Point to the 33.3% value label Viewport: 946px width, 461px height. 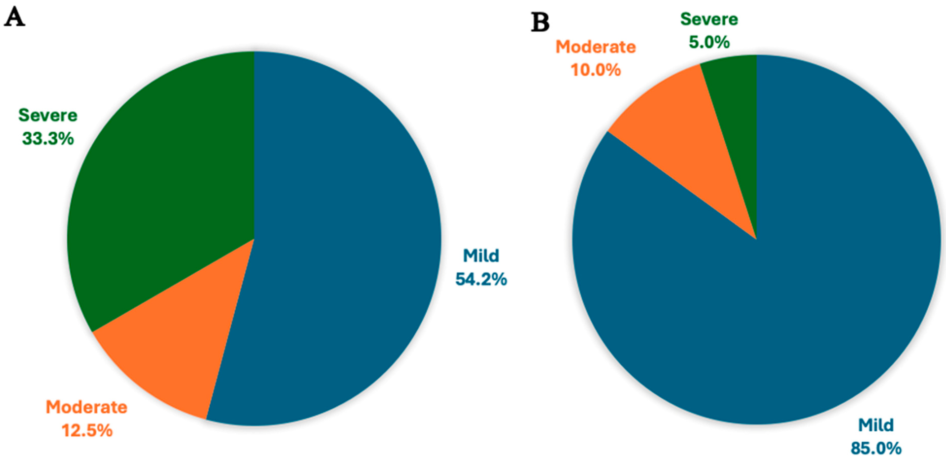(48, 139)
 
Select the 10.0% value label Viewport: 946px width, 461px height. (596, 70)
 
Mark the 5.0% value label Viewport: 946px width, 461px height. (709, 42)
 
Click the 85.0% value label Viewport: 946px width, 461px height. (876, 448)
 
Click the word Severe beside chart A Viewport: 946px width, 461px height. (48, 115)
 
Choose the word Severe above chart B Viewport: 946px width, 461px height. (709, 19)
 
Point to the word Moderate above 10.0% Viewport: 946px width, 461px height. (596, 47)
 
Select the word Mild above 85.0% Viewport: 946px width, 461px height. (876, 425)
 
